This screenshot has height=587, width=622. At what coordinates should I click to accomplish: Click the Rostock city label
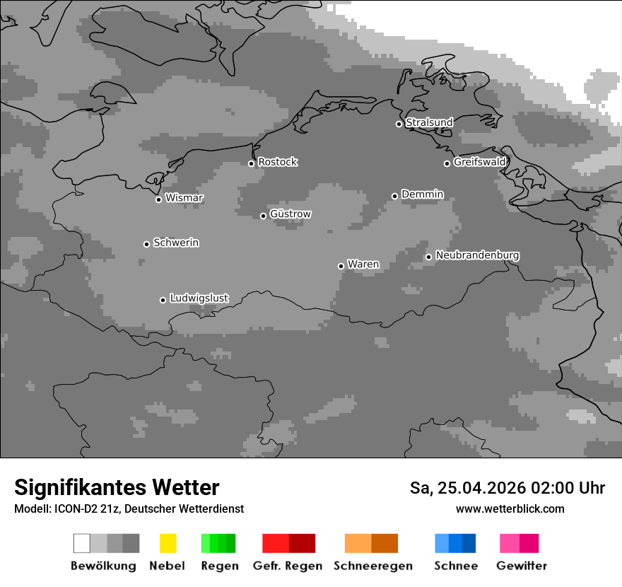278,162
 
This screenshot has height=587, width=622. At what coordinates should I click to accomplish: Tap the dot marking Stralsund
399,124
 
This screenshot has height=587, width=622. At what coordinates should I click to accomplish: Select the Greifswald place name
479,162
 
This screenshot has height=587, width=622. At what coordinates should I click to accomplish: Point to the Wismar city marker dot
158,199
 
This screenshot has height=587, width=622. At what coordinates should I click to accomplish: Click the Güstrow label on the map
291,214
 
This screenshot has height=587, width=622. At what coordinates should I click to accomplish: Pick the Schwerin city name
176,243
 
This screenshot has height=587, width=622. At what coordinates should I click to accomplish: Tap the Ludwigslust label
199,298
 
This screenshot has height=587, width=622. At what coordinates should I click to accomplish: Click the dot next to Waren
341,266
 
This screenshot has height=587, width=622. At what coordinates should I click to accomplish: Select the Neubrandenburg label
477,255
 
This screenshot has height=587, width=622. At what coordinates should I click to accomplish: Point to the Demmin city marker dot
394,196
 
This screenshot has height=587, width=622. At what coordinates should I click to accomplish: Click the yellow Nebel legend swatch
168,543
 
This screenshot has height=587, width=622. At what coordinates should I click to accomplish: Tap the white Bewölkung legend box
82,543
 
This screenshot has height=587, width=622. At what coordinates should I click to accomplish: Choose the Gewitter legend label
521,566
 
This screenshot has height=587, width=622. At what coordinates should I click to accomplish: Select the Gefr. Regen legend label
287,566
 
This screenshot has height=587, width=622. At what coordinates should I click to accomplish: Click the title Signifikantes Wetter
117,487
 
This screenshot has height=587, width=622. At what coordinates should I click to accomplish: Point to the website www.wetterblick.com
510,508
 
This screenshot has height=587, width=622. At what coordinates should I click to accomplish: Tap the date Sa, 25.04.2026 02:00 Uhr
507,488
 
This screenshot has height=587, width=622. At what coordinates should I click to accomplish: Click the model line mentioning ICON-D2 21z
129,508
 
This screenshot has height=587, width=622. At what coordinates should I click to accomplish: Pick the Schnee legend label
455,566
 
